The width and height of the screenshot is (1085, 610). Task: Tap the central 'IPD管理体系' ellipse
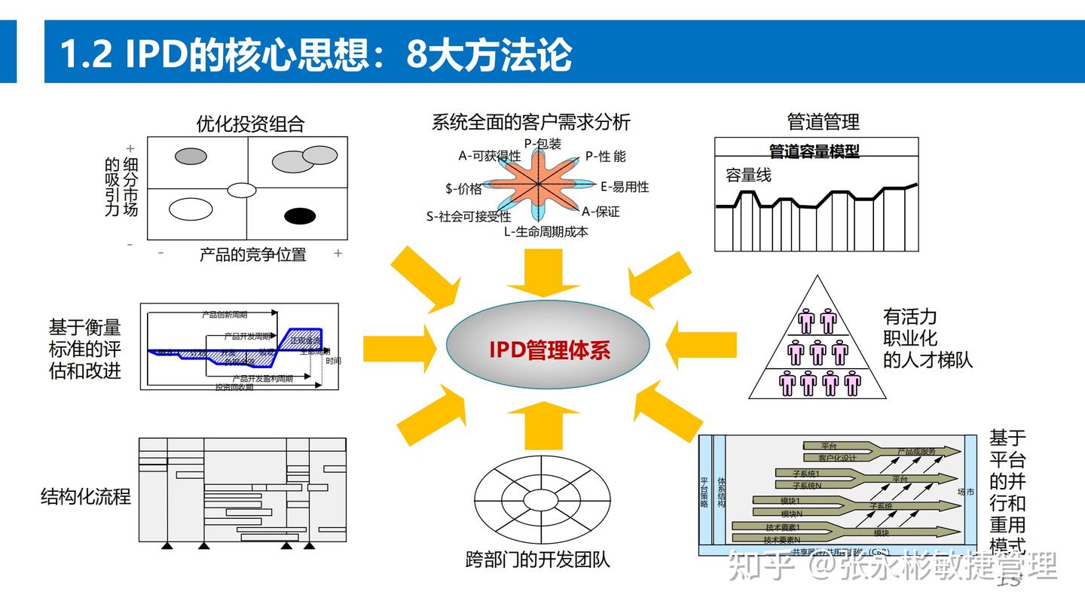pos(548,349)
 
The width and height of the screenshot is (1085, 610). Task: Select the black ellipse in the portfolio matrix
pos(300,216)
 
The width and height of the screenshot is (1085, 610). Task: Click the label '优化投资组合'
pos(250,124)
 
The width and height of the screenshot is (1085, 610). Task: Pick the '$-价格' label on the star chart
pos(463,189)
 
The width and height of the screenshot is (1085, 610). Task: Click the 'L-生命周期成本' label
pos(546,232)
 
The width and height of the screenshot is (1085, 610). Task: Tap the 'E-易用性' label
pos(624,187)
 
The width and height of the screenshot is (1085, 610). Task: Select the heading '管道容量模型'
pos(814,151)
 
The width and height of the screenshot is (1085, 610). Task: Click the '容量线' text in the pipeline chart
pos(748,175)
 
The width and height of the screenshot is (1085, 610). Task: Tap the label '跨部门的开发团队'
pos(537,560)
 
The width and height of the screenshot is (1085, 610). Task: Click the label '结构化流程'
pos(86,496)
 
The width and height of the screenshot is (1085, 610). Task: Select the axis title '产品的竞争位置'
pos(252,255)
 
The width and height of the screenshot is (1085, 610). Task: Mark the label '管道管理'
pos(823,122)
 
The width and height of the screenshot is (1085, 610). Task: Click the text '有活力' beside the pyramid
pos(909,316)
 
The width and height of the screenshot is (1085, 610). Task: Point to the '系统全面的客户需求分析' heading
pos(530,122)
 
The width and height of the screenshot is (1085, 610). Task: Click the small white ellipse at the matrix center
pos(243,190)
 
